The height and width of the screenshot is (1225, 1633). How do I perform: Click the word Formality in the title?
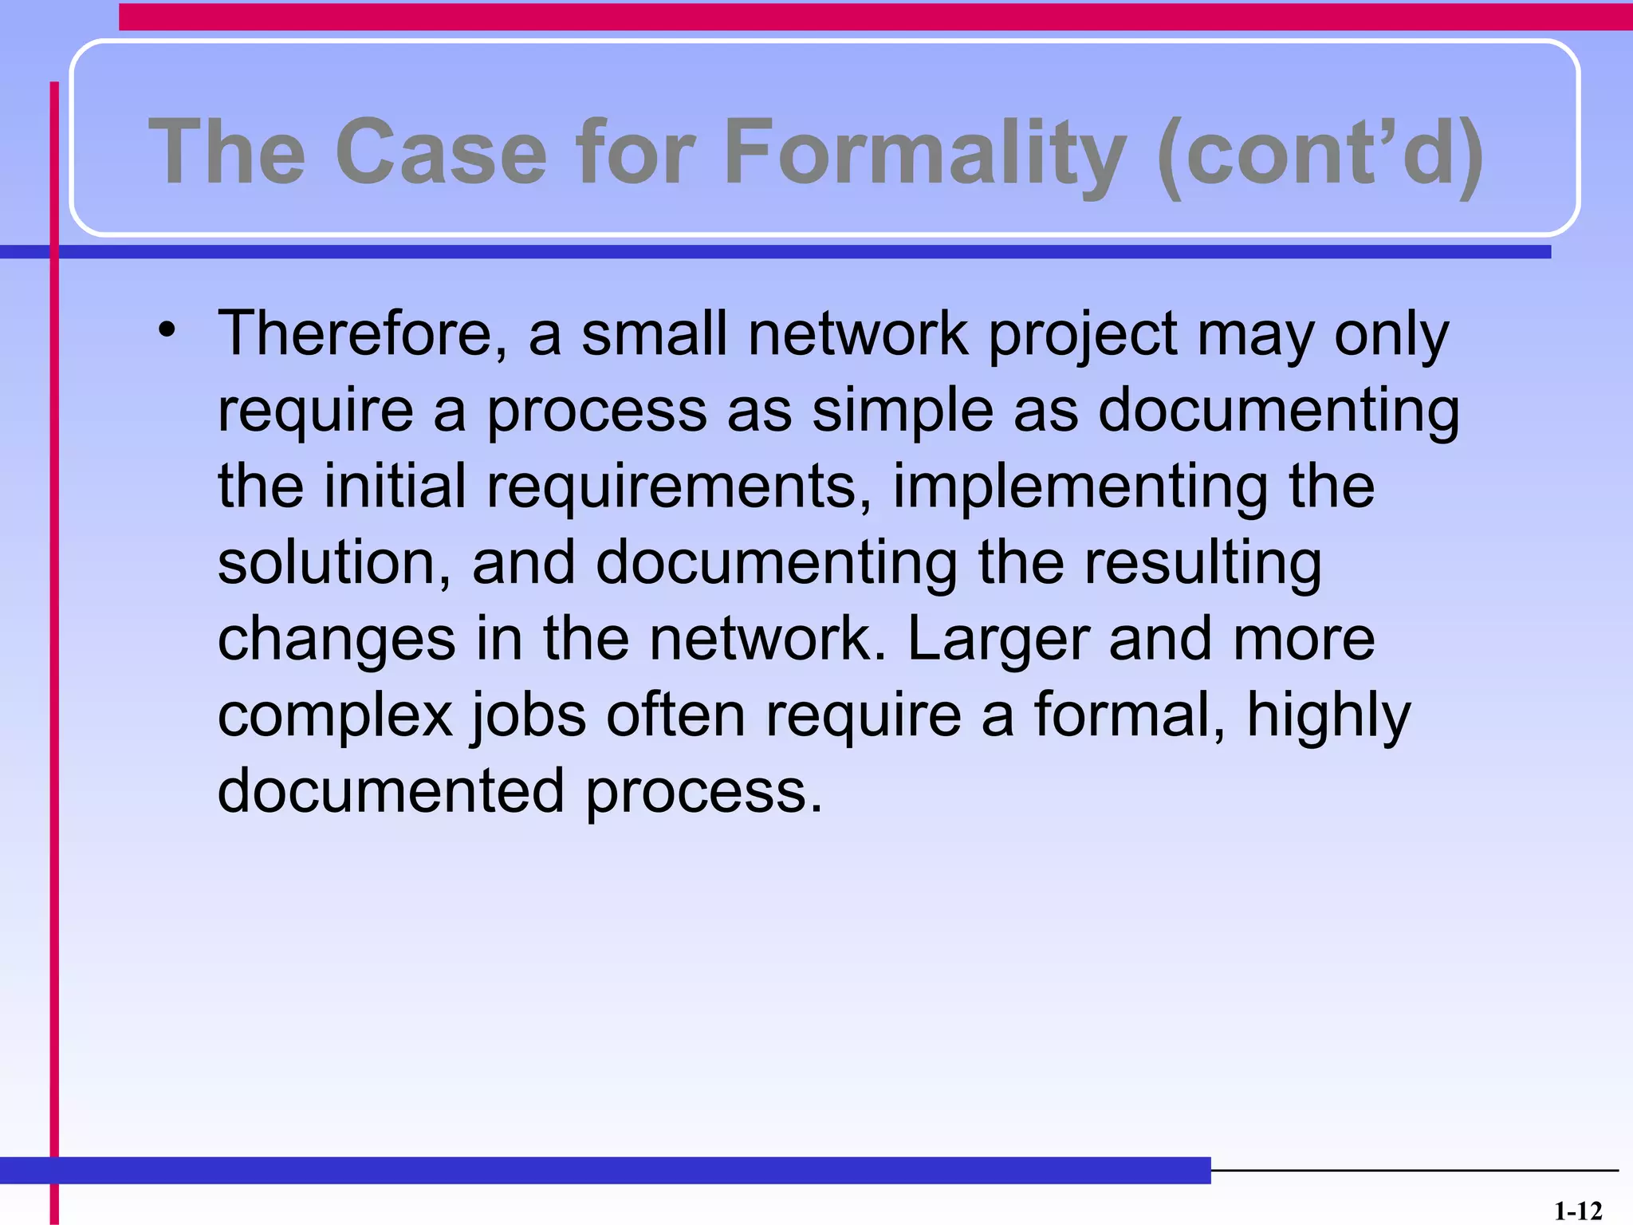pyautogui.click(x=925, y=152)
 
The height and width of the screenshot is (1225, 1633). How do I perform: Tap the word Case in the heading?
pyautogui.click(x=441, y=152)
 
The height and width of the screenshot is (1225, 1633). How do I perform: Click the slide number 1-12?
pyautogui.click(x=1577, y=1211)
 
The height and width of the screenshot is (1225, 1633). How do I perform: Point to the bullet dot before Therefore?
pyautogui.click(x=166, y=330)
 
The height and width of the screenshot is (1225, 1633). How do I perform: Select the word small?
pyautogui.click(x=654, y=333)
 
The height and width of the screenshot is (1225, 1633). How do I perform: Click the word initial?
pyautogui.click(x=395, y=486)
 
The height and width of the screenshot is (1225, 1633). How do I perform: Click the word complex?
pyautogui.click(x=335, y=716)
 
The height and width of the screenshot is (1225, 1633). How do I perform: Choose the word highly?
pyautogui.click(x=1328, y=716)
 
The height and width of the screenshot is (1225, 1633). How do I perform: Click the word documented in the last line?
pyautogui.click(x=391, y=791)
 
